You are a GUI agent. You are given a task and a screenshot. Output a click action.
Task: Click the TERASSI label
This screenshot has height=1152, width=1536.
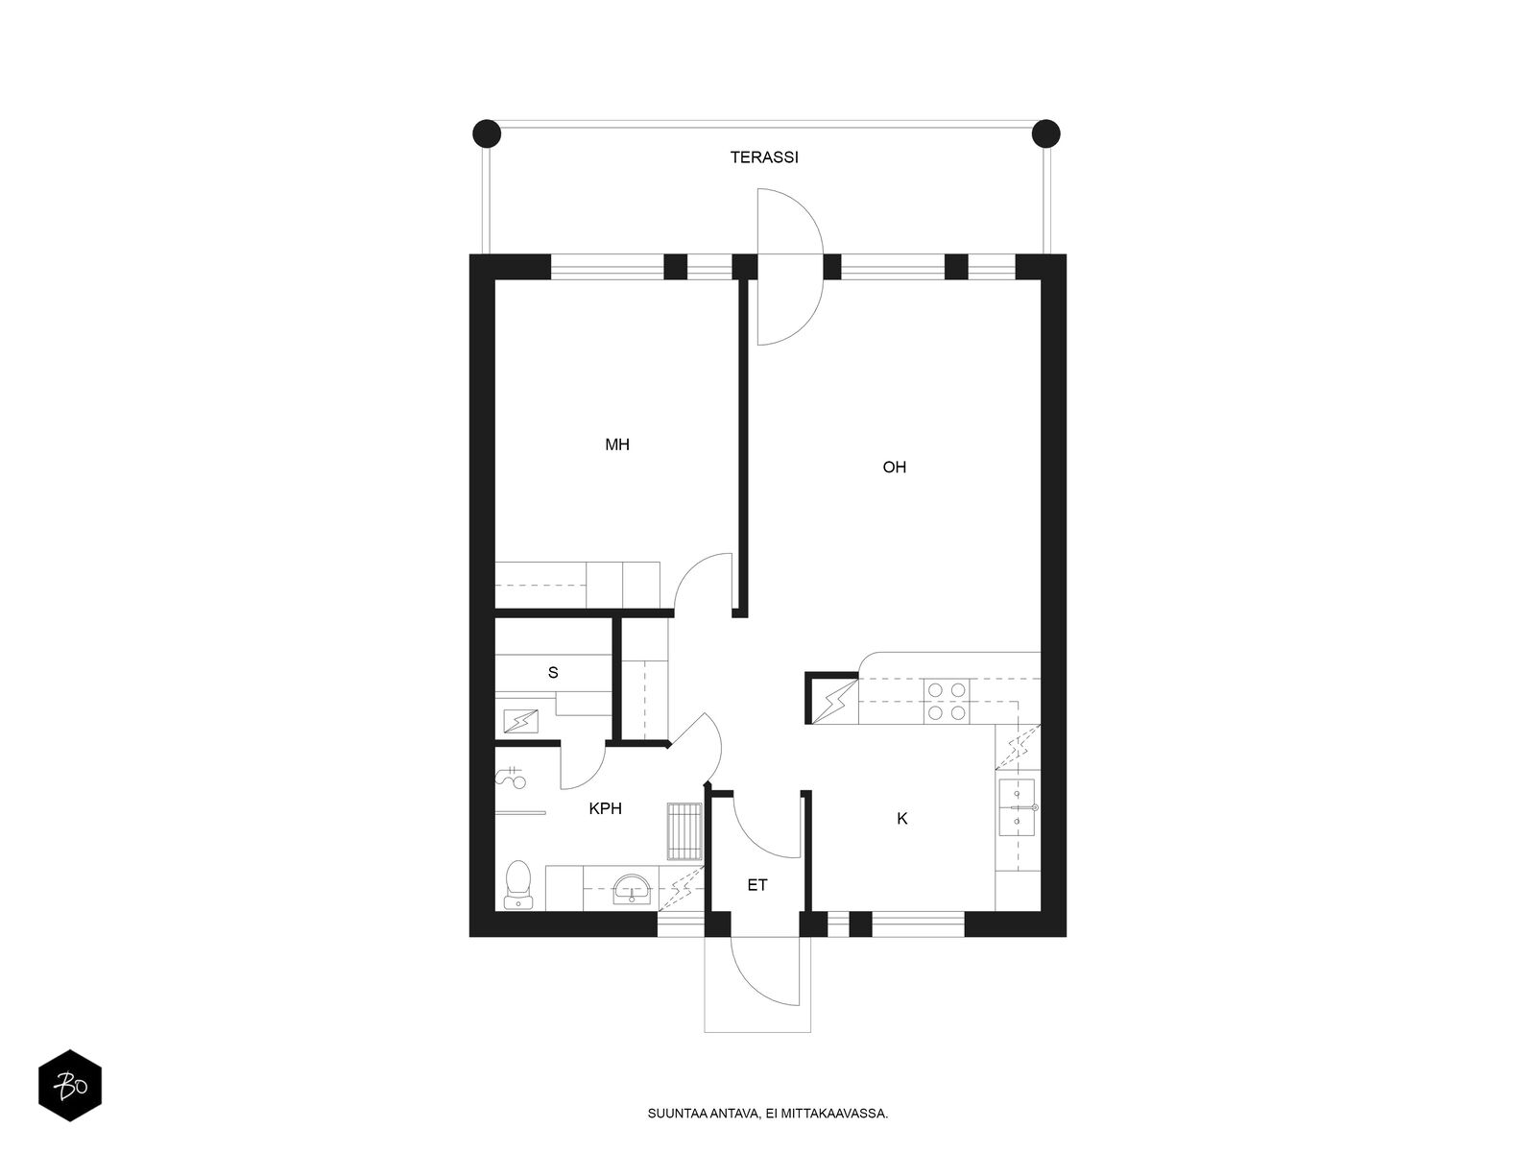[763, 157]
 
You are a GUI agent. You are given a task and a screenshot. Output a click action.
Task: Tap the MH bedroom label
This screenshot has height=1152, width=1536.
[617, 444]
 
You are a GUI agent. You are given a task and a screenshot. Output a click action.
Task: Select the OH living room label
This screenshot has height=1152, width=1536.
[895, 467]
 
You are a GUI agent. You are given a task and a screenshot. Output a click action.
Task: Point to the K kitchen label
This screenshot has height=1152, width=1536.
[902, 818]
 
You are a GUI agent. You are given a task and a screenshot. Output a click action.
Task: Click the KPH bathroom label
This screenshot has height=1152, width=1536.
[606, 808]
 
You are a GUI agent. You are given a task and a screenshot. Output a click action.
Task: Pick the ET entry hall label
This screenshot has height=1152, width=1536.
[757, 885]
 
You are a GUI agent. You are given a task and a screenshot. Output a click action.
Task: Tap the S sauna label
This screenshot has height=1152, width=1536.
[553, 673]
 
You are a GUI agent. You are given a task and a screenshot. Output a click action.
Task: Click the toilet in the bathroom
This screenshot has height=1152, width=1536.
[517, 884]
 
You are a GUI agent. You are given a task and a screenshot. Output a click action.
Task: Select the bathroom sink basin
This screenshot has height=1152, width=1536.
[633, 888]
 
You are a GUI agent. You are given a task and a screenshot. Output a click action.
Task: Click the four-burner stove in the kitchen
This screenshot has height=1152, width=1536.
[947, 702]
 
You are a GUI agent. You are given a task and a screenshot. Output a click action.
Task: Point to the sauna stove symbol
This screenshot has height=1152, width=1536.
[521, 720]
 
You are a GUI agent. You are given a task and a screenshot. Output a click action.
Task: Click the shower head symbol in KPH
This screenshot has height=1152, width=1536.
[511, 779]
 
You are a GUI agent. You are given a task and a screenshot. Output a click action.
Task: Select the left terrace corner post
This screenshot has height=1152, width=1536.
[487, 133]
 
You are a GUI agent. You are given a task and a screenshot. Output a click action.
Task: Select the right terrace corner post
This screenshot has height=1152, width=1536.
[1045, 133]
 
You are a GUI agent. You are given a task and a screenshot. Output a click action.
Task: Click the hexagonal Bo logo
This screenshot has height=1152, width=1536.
[70, 1086]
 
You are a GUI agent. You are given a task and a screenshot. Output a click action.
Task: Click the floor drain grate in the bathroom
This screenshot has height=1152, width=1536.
[684, 831]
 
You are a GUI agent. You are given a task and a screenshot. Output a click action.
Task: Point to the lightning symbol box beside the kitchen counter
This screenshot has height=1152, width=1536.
[832, 699]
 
